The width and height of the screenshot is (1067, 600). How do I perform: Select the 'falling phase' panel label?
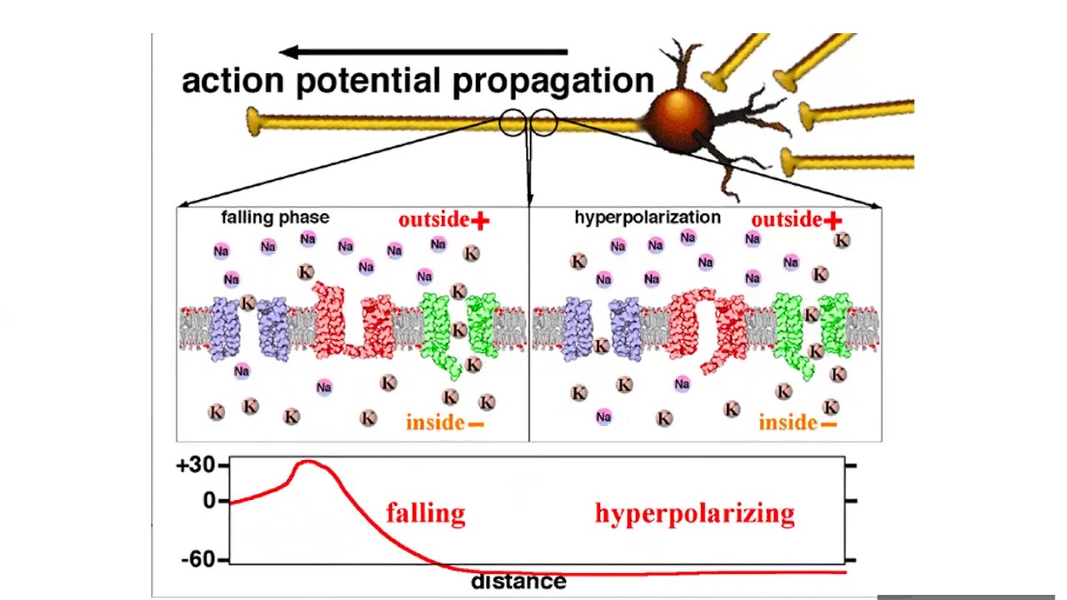tap(275, 217)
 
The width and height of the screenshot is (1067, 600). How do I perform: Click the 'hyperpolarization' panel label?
tap(647, 217)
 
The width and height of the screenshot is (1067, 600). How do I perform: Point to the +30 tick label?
tap(196, 465)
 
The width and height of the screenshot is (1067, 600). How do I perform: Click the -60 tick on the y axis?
tap(198, 559)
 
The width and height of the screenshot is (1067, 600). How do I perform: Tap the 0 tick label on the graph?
tap(208, 501)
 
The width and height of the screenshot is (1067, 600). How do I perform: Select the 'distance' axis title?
tap(518, 581)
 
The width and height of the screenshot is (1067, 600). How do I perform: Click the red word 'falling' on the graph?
tap(425, 513)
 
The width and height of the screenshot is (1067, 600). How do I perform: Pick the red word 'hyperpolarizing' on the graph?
tap(694, 513)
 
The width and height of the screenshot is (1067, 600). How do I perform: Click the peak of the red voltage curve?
tap(308, 461)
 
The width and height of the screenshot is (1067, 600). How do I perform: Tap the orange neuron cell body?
tap(681, 121)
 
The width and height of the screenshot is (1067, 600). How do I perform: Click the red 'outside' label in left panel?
tap(433, 220)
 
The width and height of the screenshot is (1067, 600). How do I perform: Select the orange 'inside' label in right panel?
tap(788, 423)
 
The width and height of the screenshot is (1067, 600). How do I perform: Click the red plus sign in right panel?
tap(833, 220)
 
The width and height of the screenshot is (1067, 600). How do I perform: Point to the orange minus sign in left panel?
tap(476, 424)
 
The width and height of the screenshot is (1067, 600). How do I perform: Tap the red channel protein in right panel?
tap(709, 329)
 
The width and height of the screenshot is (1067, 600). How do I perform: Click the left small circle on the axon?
tap(512, 123)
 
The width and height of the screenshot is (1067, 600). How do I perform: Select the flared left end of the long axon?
tap(255, 122)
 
